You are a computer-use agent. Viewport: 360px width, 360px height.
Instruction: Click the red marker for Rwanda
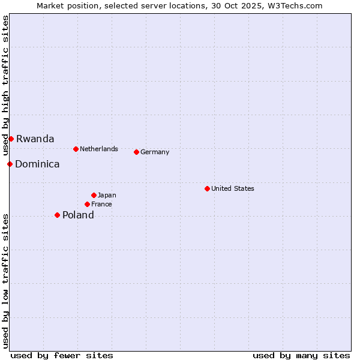pos(11,139)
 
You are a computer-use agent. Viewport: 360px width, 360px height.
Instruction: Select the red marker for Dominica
pos(10,164)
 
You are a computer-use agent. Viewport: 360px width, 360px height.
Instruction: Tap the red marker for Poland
pos(57,215)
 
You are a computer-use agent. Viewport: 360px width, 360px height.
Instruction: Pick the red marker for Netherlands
pos(76,149)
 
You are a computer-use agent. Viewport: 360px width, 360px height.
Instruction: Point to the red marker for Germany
pos(136,152)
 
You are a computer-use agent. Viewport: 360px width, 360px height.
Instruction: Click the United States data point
pos(207,188)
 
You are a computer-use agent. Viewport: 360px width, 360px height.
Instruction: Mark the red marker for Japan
pos(94,195)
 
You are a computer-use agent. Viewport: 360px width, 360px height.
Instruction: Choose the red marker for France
pos(87,204)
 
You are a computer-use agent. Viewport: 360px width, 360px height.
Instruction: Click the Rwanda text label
pos(35,139)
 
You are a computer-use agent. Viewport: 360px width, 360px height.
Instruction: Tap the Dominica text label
pos(37,164)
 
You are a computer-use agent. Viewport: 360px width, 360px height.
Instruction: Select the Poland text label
pos(78,215)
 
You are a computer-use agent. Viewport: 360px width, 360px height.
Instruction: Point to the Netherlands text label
pos(99,149)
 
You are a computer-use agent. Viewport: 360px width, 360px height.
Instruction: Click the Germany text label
pos(155,152)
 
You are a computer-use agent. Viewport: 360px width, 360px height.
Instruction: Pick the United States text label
pos(233,188)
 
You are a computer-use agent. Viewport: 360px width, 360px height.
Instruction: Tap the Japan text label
pos(107,195)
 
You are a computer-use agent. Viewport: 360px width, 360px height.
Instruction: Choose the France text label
pos(101,204)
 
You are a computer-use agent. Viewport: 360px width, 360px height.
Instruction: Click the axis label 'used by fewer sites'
pos(62,355)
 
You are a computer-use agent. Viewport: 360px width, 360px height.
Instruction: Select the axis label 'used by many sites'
pos(301,355)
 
